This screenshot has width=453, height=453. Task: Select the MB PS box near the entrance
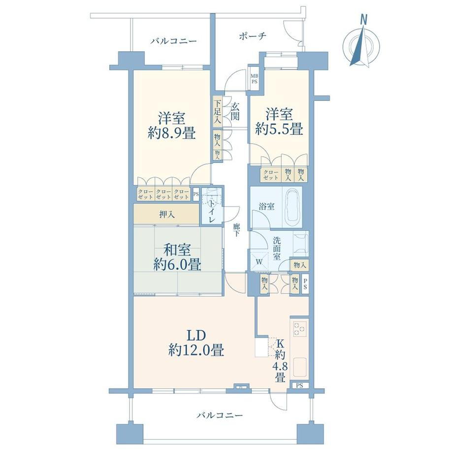click(255, 79)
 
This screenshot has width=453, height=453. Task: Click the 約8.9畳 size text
click(171, 133)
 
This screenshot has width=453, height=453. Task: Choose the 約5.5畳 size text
click(279, 129)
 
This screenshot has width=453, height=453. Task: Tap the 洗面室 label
click(277, 249)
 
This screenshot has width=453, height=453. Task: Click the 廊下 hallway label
click(236, 230)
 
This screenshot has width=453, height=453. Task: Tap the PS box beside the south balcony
click(300, 386)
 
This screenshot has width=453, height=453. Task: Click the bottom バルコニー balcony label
click(219, 415)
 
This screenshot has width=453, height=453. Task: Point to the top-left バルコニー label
click(173, 41)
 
